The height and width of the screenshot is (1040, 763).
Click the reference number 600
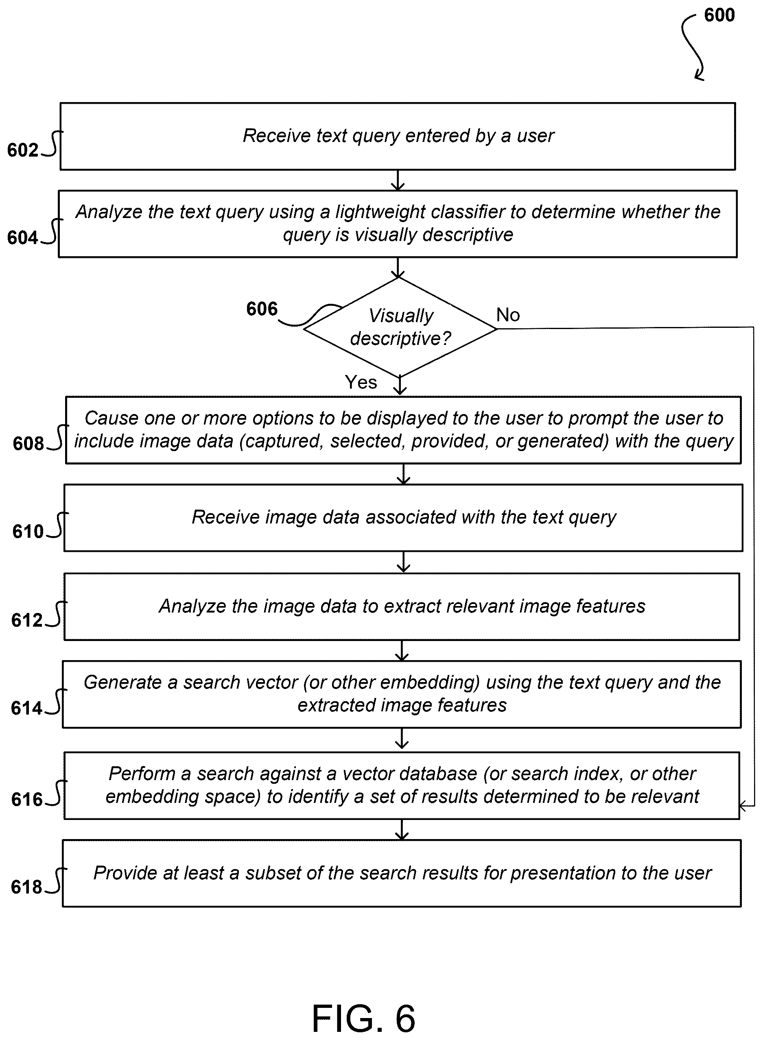[719, 15]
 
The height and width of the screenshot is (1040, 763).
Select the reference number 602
[23, 150]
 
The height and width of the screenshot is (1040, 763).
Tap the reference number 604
[23, 238]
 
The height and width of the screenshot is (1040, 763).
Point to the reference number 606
[262, 309]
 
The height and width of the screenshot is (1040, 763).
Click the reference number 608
[28, 444]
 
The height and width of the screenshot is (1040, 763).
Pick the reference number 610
[28, 532]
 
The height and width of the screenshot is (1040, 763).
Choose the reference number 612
[27, 620]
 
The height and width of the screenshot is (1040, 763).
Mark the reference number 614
[26, 709]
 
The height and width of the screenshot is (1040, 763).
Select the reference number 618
[26, 887]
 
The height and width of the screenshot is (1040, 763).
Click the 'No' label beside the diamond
[507, 315]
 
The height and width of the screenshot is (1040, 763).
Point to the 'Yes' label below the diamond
[361, 382]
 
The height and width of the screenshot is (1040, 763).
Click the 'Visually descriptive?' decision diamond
[400, 327]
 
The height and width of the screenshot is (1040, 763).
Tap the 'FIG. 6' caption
[364, 1018]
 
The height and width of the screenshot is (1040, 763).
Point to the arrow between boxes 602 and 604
[398, 180]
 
